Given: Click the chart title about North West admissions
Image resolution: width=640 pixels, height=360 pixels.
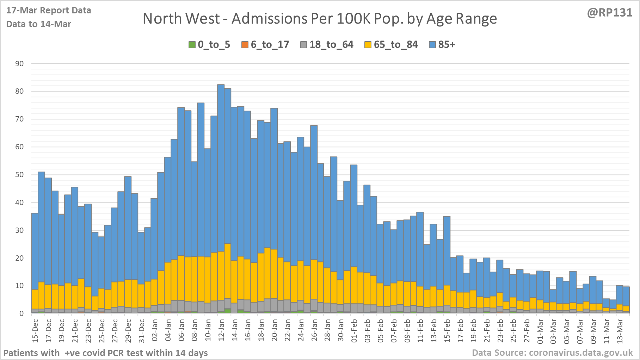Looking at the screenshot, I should tap(320, 19).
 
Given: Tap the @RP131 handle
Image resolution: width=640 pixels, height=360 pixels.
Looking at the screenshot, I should tap(609, 13).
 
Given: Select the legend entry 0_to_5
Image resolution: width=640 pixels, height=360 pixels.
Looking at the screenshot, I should tap(210, 45).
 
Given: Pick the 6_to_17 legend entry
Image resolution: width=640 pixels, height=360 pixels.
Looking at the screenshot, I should tap(265, 45).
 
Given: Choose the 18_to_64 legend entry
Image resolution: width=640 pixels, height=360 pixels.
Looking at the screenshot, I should tap(327, 45).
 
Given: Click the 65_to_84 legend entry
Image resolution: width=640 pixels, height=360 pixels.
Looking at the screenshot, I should tap(391, 45).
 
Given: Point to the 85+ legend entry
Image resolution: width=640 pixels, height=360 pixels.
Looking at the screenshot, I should tap(442, 45).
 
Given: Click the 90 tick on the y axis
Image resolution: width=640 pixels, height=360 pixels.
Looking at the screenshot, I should tap(19, 64).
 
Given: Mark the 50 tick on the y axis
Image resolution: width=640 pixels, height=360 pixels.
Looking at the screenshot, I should tap(19, 175).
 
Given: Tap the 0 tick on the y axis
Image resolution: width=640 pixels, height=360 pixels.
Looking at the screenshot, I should tap(22, 314).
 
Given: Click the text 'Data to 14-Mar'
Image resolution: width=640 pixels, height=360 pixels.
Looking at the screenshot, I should tap(39, 24).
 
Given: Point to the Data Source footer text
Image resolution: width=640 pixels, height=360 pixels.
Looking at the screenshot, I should tap(552, 353).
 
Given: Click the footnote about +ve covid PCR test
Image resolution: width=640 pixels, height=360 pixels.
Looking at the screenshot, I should tap(106, 353).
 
